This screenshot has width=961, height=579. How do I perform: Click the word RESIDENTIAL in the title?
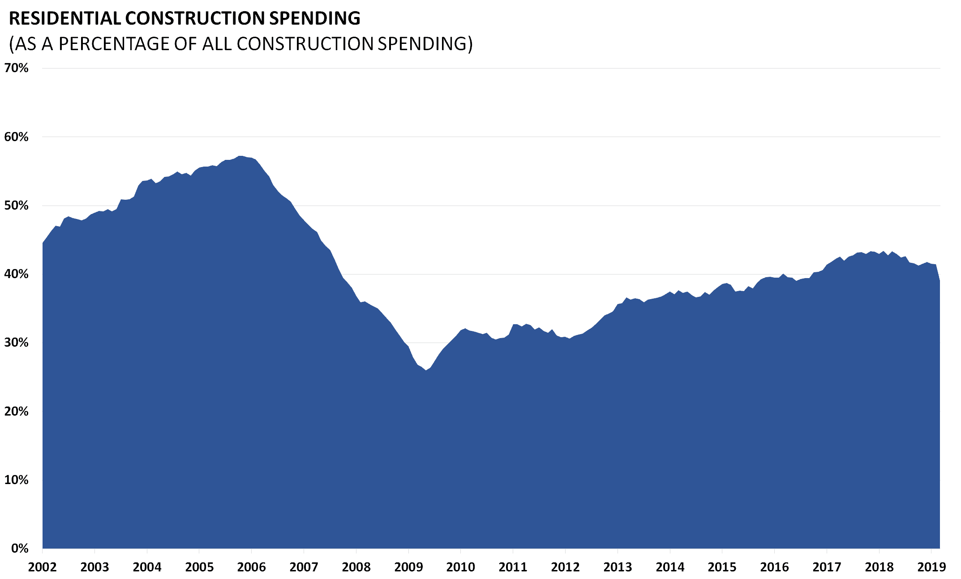[65, 18]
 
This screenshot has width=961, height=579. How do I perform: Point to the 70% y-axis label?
[17, 68]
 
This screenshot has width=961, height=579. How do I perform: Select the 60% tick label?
[17, 137]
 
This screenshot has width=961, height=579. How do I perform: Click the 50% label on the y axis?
[17, 206]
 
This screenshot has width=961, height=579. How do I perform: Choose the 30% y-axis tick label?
[17, 343]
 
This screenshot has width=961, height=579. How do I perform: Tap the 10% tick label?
[17, 480]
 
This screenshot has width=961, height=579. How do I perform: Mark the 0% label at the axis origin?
[20, 549]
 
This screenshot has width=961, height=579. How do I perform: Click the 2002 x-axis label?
[43, 567]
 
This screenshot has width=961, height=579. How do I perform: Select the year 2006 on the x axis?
[252, 567]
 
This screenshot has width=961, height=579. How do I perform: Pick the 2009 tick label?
[408, 567]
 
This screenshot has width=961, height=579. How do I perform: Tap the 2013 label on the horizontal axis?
[618, 567]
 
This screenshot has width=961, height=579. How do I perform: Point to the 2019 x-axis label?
[931, 567]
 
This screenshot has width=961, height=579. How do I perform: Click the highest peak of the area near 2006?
[240, 156]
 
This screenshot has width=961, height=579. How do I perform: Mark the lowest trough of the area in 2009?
[426, 370]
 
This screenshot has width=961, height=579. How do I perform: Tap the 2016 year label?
[775, 567]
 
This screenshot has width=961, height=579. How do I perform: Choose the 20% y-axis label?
[17, 412]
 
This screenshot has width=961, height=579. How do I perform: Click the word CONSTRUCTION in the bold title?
[195, 18]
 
